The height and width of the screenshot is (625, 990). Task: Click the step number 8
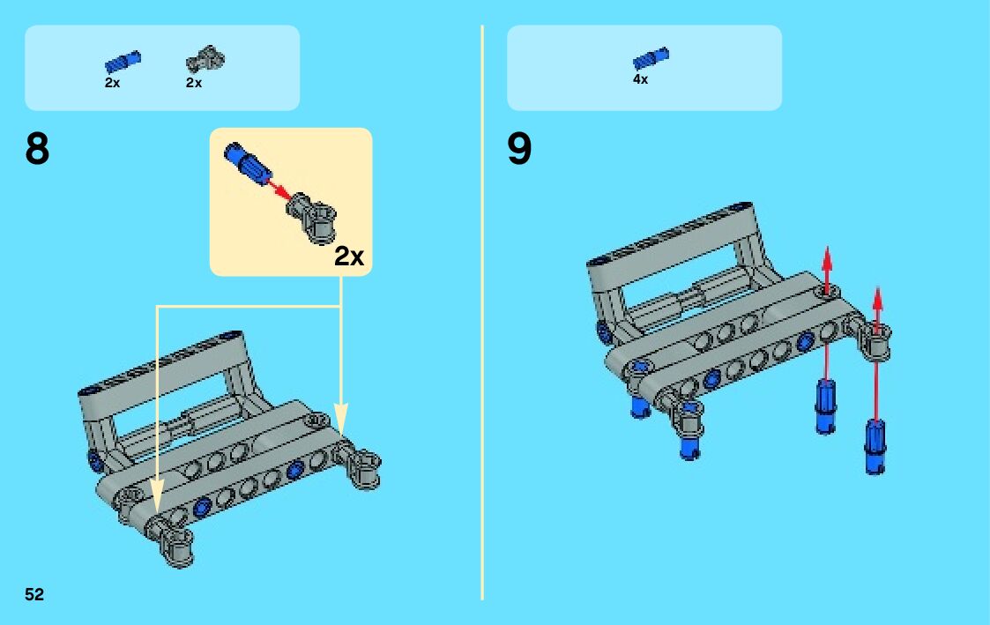point(37,149)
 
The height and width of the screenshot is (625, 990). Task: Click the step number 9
point(519,149)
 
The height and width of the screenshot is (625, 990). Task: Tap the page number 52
point(34,594)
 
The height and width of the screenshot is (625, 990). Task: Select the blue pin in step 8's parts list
point(123,62)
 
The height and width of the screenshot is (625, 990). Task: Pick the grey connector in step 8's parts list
point(205,60)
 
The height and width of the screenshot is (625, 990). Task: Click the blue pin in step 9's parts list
point(651,58)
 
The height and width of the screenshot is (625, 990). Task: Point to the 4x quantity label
point(640,79)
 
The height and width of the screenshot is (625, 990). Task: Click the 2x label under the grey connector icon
point(194,83)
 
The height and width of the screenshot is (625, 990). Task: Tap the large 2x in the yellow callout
point(349,256)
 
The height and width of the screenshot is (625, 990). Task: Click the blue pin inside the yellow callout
point(248,163)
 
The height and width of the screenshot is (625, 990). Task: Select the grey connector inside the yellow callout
point(311,217)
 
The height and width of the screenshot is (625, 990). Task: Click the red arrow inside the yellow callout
point(279,190)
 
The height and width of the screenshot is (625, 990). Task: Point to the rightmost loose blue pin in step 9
point(875,446)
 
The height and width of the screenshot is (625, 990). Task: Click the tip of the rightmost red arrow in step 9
point(877,287)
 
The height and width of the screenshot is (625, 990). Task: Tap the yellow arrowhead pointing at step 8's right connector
point(341,420)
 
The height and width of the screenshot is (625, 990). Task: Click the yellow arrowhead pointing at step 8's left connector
point(157,496)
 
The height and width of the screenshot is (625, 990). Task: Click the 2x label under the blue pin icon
point(112,83)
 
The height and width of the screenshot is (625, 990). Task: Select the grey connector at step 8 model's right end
point(357,464)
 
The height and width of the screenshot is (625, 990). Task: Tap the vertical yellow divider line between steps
point(482,312)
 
